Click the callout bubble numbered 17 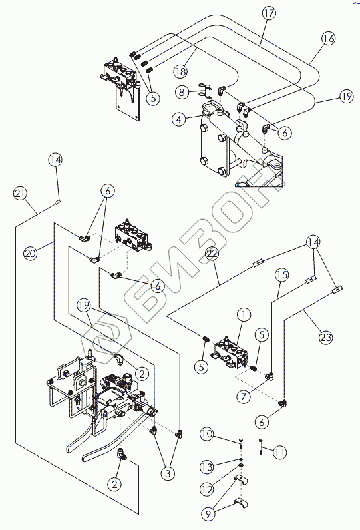269,13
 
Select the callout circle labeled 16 328,38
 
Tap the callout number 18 181,71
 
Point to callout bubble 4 178,119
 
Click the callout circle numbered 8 182,92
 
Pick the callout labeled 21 20,194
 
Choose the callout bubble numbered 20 31,252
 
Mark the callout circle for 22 212,254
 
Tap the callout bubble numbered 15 282,274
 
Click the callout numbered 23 326,337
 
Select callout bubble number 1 244,315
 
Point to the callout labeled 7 244,396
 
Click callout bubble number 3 168,473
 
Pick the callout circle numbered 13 207,467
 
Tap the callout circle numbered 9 208,514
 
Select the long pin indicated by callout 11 261,446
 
